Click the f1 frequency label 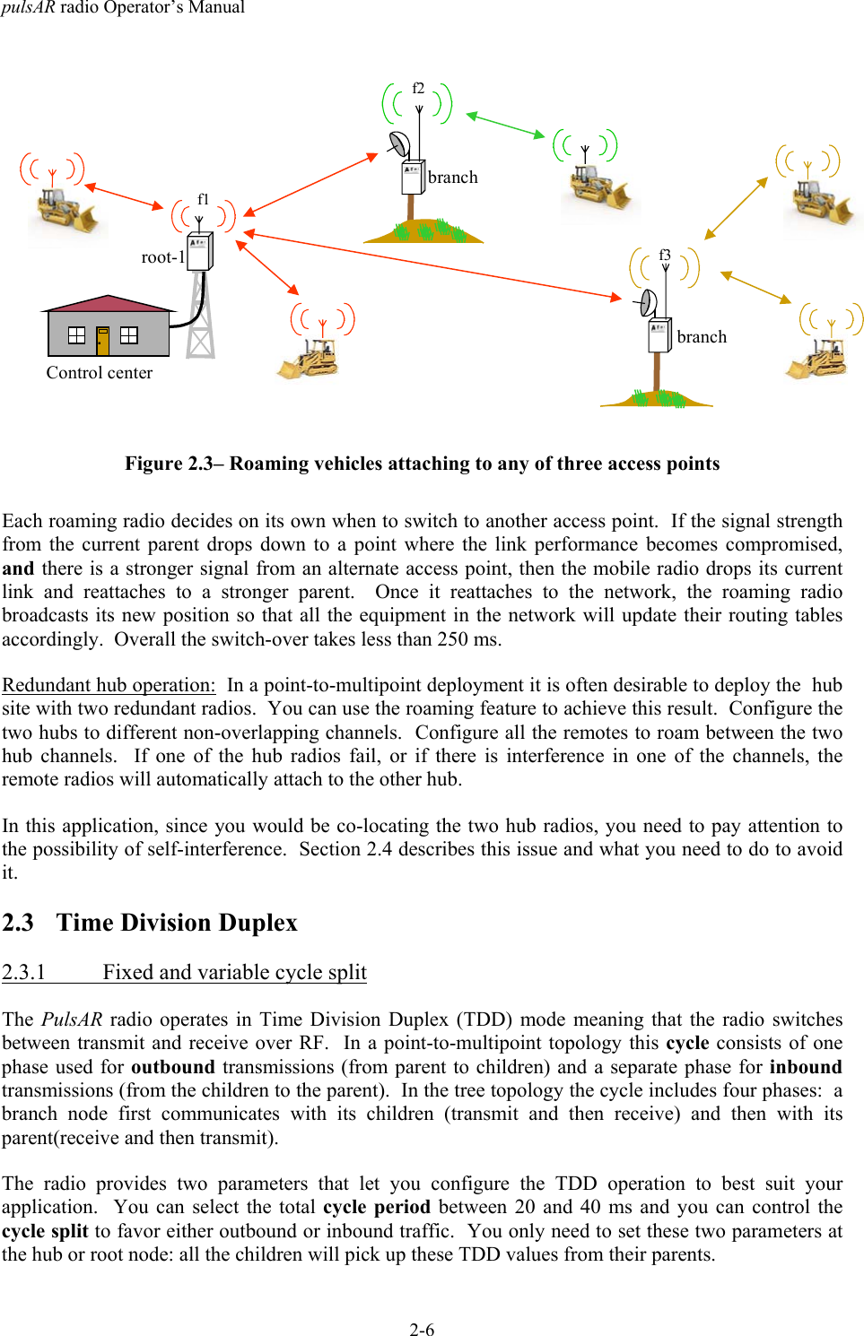click(203, 199)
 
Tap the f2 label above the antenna click(418, 88)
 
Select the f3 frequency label click(665, 255)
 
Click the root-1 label click(162, 257)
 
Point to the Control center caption click(99, 373)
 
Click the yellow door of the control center click(103, 341)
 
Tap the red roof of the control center click(108, 303)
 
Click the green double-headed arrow click(505, 125)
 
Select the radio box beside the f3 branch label click(659, 336)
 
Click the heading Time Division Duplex click(177, 923)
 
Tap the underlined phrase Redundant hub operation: click(109, 685)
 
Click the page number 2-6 click(422, 1330)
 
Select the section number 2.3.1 click(23, 972)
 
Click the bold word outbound click(172, 1067)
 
